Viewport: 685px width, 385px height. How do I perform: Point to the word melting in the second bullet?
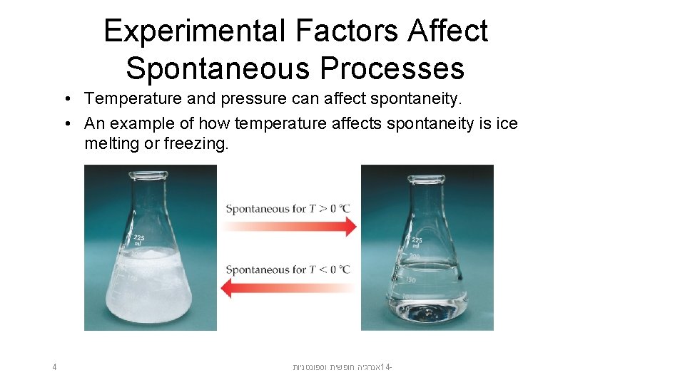(x=111, y=143)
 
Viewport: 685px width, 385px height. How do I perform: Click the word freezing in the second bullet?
(x=195, y=143)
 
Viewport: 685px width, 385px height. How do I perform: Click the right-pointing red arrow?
(x=288, y=227)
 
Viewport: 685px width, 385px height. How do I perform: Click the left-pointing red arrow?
(x=288, y=288)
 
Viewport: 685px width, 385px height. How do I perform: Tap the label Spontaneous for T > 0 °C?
(x=288, y=209)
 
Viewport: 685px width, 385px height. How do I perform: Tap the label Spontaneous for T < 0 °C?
(x=288, y=269)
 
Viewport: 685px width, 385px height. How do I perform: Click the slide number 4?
(x=54, y=367)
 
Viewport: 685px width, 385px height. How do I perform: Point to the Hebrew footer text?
(x=343, y=367)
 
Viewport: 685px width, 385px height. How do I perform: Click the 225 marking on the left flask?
(x=138, y=238)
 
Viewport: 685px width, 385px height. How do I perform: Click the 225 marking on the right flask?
(x=416, y=241)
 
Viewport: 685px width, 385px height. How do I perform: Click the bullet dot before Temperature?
(x=66, y=98)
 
